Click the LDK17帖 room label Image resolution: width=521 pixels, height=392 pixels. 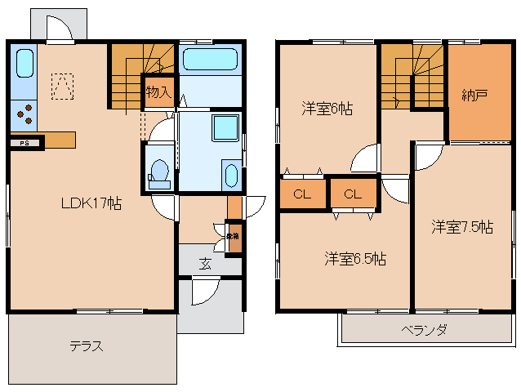[x=91, y=204]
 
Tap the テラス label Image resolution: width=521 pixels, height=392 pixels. [x=86, y=346]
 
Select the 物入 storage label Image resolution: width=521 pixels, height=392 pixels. [x=158, y=91]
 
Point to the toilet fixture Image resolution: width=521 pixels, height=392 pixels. [x=159, y=172]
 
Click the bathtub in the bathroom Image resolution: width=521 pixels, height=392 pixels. [x=208, y=60]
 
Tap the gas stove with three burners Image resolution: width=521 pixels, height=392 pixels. [x=24, y=114]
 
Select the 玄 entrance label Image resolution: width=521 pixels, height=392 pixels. [x=206, y=264]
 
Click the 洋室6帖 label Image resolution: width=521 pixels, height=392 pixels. [x=327, y=108]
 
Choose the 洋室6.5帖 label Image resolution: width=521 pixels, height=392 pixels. [x=354, y=259]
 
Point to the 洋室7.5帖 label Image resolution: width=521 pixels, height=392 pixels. [x=462, y=227]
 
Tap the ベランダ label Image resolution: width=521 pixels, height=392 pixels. [x=424, y=331]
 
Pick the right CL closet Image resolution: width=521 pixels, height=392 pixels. [x=353, y=194]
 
